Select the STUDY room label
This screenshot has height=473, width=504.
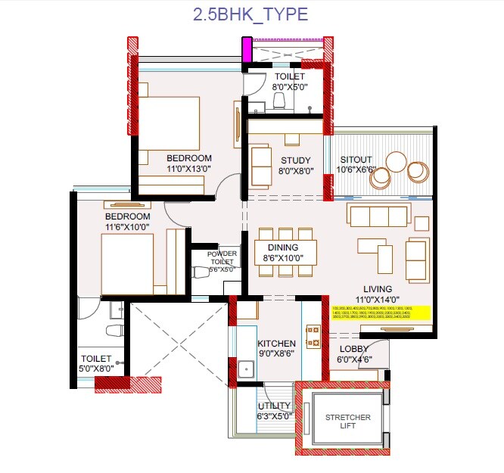295,160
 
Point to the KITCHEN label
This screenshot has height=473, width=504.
278,343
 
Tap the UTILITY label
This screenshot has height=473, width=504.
272,406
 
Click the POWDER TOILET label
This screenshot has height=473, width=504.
216,257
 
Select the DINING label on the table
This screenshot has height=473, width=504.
282,247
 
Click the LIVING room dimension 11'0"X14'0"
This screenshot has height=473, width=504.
377,300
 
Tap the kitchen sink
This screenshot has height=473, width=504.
244,370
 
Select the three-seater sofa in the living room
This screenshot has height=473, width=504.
378,215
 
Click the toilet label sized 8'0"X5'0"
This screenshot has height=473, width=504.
289,87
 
